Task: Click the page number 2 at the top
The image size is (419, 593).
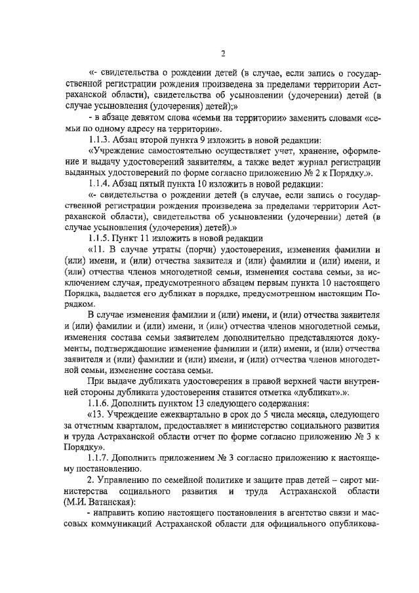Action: tap(223, 54)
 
